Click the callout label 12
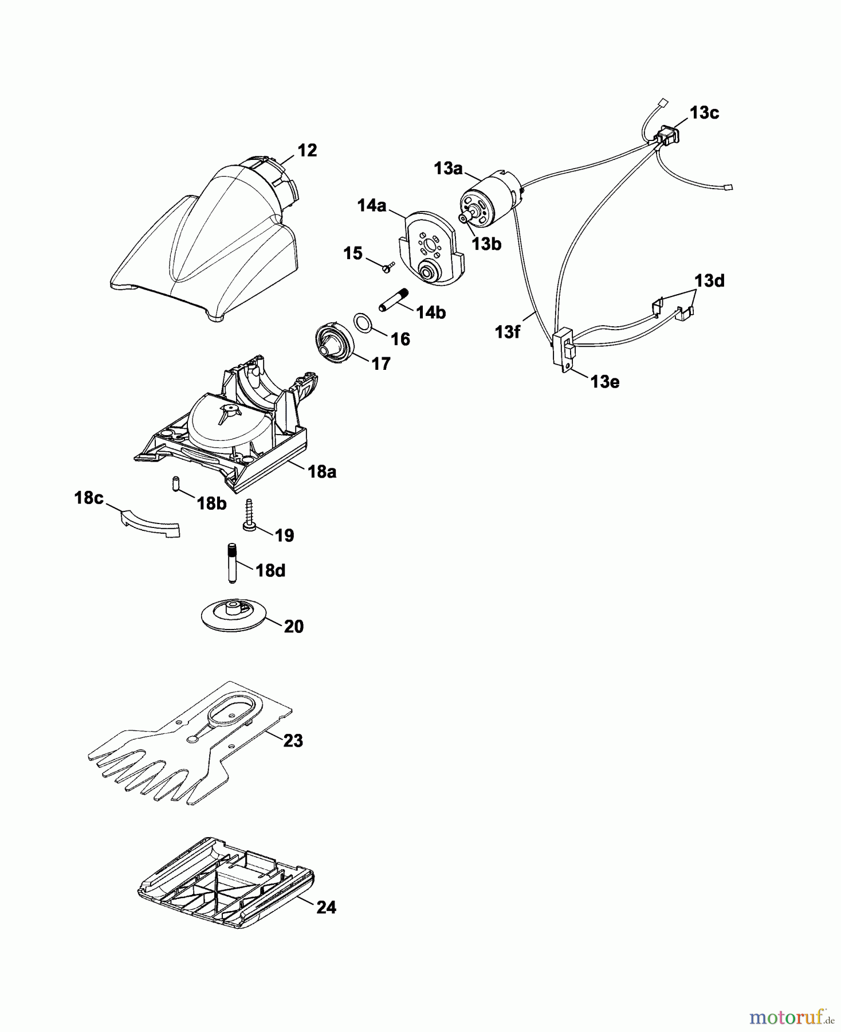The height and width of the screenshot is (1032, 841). [307, 151]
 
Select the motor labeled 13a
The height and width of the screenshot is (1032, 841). [490, 201]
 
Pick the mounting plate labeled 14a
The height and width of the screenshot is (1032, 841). [430, 249]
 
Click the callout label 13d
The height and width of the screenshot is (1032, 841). [709, 282]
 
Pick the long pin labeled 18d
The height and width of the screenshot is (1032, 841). [233, 562]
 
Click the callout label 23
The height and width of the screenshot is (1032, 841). [293, 741]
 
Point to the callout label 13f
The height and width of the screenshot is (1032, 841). [507, 331]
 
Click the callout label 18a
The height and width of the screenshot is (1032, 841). [321, 472]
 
